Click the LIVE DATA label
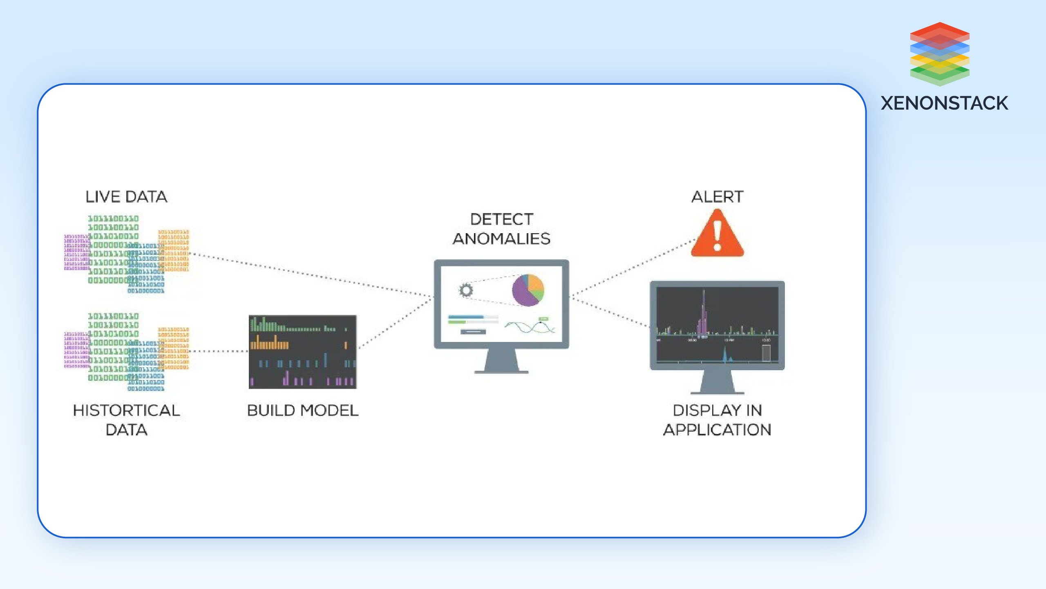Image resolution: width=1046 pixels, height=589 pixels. tap(126, 197)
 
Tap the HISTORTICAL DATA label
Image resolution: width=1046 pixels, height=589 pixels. tap(126, 420)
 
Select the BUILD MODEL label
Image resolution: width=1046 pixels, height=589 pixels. tap(303, 410)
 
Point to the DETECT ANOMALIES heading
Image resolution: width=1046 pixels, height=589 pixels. tap(501, 229)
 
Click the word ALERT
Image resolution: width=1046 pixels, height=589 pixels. tap(717, 197)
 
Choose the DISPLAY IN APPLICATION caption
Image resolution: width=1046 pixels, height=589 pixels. tap(717, 420)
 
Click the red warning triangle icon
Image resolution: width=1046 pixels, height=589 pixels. tap(717, 235)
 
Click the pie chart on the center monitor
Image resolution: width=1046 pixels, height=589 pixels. tap(527, 290)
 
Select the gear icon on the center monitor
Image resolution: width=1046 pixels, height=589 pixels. tap(466, 290)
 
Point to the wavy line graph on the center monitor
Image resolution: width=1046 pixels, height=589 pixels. tap(530, 326)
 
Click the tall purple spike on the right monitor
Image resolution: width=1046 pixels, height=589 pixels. tap(703, 313)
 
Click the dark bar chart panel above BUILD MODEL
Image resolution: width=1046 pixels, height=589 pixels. tap(303, 352)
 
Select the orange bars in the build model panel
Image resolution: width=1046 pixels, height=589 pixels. tap(269, 344)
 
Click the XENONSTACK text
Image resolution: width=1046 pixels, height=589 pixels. tap(944, 103)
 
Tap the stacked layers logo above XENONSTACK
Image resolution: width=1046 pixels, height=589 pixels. tap(940, 54)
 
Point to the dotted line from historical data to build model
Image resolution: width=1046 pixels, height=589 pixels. tap(219, 351)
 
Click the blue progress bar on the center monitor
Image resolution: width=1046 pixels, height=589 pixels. tap(466, 317)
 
